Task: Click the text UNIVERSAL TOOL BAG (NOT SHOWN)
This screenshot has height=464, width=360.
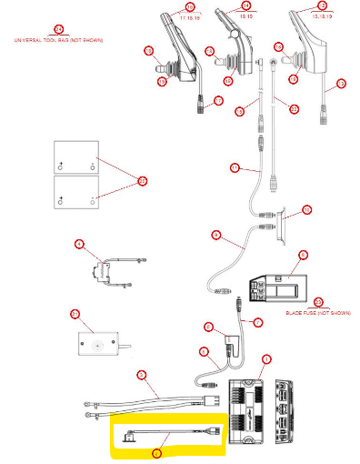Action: [x=59, y=42]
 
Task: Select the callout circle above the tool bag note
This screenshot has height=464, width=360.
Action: [x=59, y=30]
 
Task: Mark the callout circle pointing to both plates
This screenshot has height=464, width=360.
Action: [x=142, y=181]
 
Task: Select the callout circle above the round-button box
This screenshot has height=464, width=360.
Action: [x=75, y=315]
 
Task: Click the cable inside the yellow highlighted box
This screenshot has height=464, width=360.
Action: [x=173, y=432]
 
